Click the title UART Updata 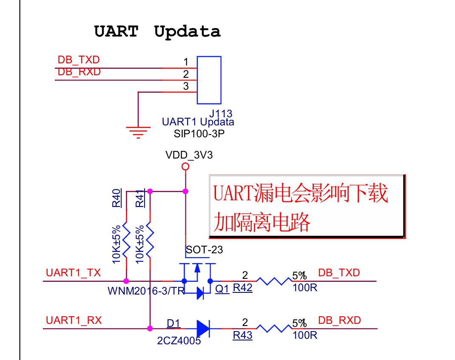tap(157, 31)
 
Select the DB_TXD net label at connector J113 tap(79, 60)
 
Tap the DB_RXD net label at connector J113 tap(79, 72)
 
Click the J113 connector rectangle tap(209, 80)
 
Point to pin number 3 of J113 tap(186, 86)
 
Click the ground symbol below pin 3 tap(138, 132)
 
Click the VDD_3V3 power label tap(189, 155)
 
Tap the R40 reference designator tap(116, 198)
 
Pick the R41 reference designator tap(139, 198)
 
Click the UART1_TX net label tap(73, 273)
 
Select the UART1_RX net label tap(74, 320)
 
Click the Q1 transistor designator tap(222, 289)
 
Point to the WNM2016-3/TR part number tap(146, 291)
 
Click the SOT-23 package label tap(204, 250)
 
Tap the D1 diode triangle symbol tap(203, 328)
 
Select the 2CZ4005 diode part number tap(179, 340)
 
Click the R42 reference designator tap(242, 288)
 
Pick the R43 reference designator tap(242, 335)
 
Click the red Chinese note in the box tap(300, 207)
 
